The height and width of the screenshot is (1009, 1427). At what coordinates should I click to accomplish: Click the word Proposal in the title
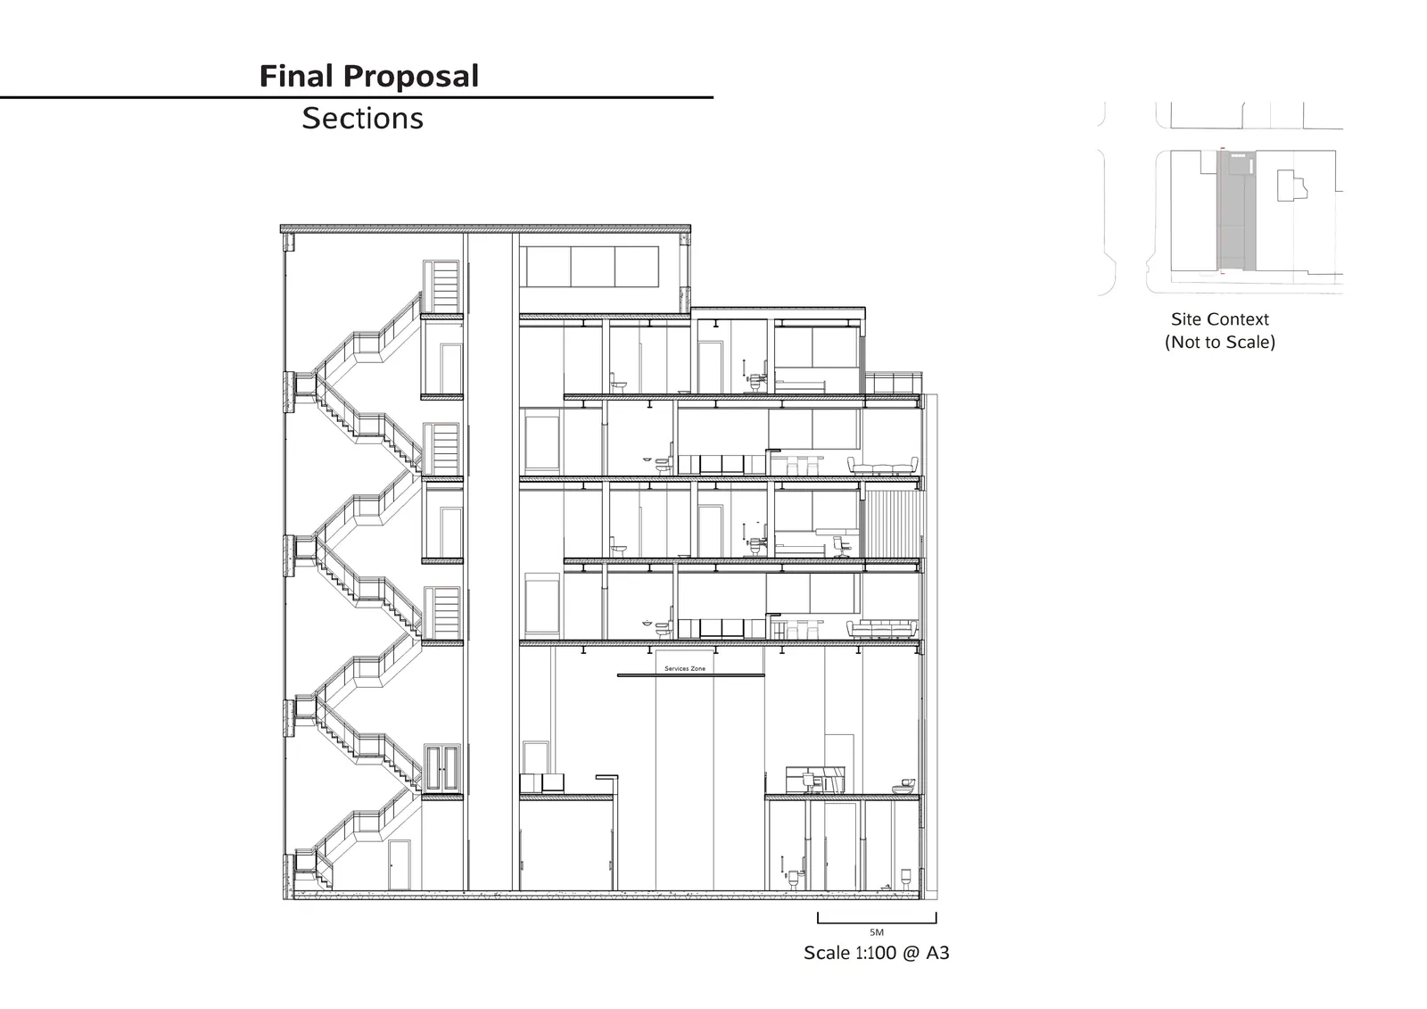pyautogui.click(x=411, y=77)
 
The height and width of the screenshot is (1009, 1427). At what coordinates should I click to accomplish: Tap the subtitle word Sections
pyautogui.click(x=362, y=119)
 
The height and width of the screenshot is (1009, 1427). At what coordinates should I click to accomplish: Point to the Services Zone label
pyautogui.click(x=685, y=668)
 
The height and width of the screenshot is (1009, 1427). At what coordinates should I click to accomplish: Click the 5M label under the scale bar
pyautogui.click(x=877, y=932)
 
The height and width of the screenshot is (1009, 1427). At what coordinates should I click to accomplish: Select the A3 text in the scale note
pyautogui.click(x=937, y=953)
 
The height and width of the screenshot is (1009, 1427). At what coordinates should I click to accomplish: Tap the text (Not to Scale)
pyautogui.click(x=1220, y=343)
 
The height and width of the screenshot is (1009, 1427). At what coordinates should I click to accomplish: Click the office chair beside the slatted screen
pyautogui.click(x=841, y=546)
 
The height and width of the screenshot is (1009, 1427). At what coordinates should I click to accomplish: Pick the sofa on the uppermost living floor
pyautogui.click(x=882, y=466)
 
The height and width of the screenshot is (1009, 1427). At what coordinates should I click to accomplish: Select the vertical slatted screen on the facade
pyautogui.click(x=892, y=524)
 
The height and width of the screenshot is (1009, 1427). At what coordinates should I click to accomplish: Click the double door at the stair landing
pyautogui.click(x=441, y=768)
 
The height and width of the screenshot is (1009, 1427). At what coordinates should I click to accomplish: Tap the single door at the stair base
pyautogui.click(x=400, y=865)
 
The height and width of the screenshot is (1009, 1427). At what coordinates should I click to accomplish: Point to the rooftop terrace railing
pyautogui.click(x=893, y=383)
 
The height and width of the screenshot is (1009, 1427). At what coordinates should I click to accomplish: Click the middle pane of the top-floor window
pyautogui.click(x=592, y=267)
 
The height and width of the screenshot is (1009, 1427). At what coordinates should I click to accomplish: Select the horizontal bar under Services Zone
pyautogui.click(x=690, y=675)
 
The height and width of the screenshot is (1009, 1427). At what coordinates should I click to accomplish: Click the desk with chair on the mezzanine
pyautogui.click(x=815, y=781)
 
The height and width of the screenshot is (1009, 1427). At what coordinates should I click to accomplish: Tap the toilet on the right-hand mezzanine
pyautogui.click(x=904, y=786)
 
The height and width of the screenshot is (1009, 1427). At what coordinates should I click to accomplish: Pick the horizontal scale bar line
pyautogui.click(x=877, y=922)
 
